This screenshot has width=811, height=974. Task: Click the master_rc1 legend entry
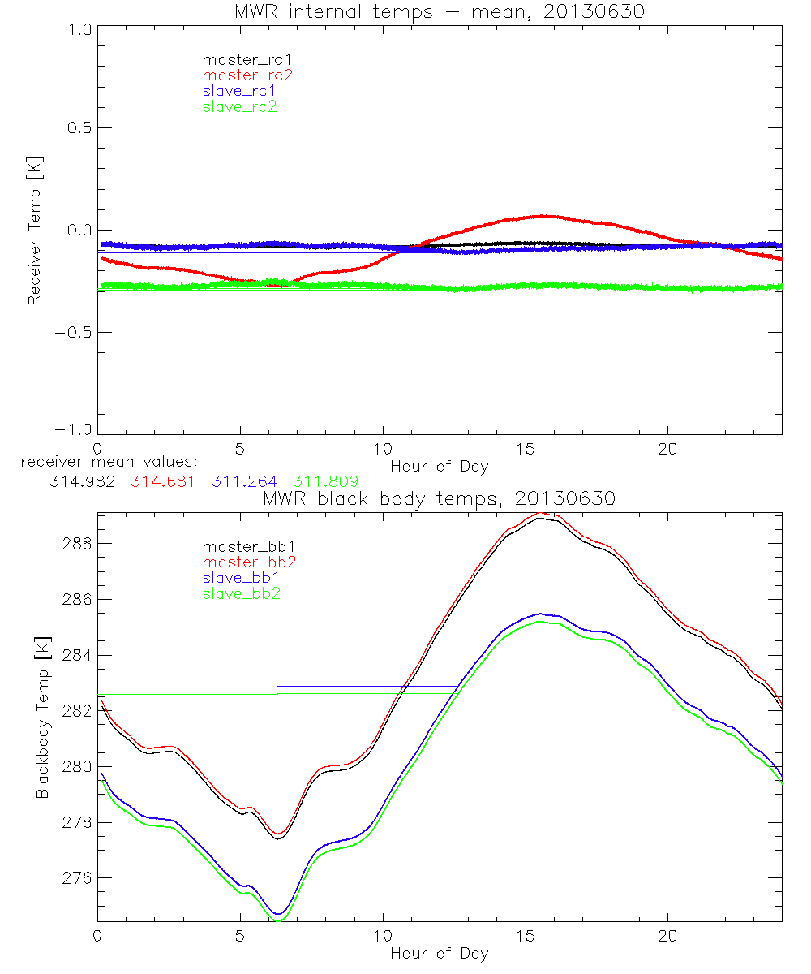[238, 59]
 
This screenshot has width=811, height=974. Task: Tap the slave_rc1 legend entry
[238, 90]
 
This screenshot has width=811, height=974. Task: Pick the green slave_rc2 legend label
[239, 106]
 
